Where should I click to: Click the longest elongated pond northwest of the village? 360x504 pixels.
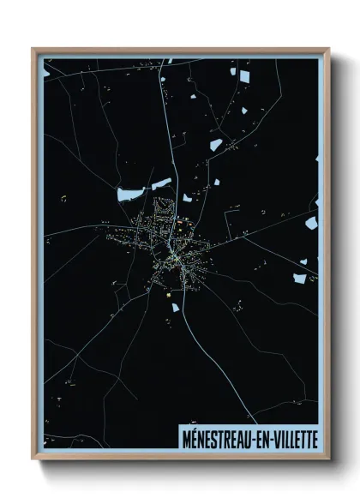click(x=130, y=193)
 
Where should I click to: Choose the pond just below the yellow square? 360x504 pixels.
click(x=173, y=305)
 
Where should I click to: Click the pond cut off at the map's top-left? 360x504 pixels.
click(x=48, y=62)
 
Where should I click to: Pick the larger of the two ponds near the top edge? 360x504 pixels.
click(x=243, y=77)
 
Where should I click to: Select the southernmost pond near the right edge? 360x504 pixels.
click(x=300, y=276)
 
